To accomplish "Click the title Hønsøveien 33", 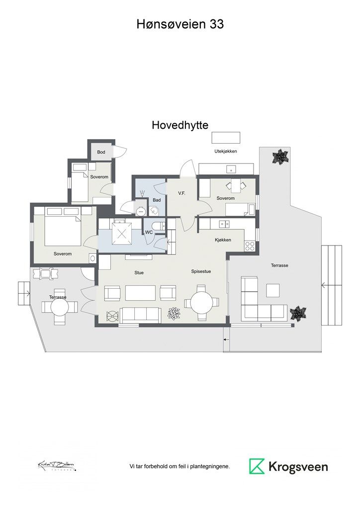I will pos(180,24).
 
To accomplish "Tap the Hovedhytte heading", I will pos(180,126).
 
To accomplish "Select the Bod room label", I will pos(101,152).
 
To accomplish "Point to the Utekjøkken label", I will pos(225,151).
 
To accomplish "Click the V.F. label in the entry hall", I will pos(181,193).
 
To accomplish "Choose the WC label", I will pos(149,232).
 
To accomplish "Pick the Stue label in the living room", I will pos(139,272).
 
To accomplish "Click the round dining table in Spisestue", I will pos(201,302).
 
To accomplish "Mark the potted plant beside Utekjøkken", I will pos(280,157).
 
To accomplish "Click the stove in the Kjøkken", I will pos(250,245).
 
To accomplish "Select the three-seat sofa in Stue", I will pos(140,314).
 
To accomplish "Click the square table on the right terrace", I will pos(273,290).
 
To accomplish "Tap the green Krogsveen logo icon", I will pos(257,466).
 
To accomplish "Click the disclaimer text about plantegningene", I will pos(180,466).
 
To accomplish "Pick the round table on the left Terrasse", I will pos(59,307).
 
